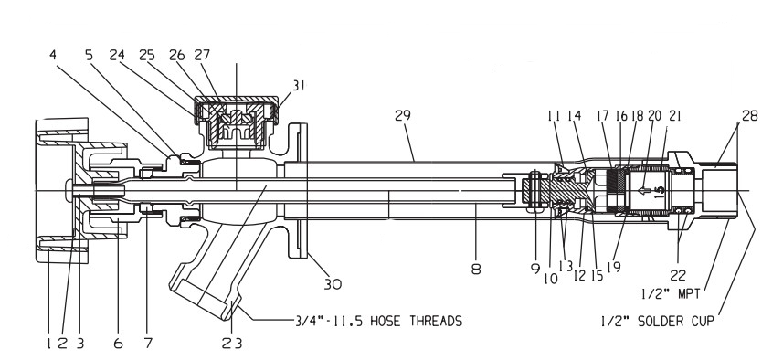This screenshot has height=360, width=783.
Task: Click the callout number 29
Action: click(403, 115)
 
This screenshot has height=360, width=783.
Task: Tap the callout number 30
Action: click(333, 284)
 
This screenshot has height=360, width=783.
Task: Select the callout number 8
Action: click(476, 270)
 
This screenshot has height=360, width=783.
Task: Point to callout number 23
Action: click(232, 343)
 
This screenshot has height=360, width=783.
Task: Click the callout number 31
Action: click(298, 86)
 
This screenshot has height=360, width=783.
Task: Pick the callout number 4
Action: click(53, 54)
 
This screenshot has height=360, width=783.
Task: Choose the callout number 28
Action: click(749, 115)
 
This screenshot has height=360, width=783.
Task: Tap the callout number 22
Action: click(678, 275)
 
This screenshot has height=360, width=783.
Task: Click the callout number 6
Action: click(118, 343)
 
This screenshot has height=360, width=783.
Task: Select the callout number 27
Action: click(202, 54)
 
